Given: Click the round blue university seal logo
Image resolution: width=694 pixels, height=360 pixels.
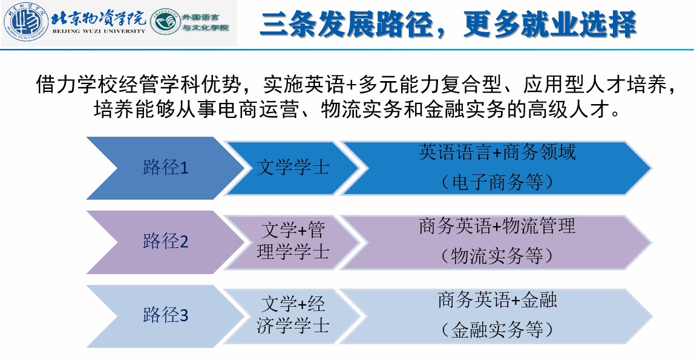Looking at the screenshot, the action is pos(25,22).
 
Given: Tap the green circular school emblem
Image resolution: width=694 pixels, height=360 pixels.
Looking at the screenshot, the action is pos(165,22).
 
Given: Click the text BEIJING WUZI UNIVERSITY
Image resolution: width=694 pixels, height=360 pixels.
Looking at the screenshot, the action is pos(99,31).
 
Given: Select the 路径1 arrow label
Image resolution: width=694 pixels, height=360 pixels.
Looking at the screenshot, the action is pos(166,168).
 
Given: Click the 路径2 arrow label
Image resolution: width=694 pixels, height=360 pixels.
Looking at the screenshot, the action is pos(166,242).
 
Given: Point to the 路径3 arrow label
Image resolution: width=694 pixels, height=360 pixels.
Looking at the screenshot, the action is pos(166,316).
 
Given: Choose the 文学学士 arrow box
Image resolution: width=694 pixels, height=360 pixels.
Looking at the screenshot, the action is pos(293,168).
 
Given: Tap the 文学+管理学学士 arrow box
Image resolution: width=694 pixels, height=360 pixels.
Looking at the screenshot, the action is pos(293,242).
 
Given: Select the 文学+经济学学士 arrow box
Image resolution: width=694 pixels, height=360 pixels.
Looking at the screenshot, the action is pos(293,316).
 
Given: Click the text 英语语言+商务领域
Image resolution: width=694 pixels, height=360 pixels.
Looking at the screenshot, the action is pos(497,152).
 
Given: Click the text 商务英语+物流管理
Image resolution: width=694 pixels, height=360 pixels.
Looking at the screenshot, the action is pos(497,226).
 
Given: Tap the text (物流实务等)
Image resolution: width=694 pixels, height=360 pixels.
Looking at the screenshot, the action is pos(497,256).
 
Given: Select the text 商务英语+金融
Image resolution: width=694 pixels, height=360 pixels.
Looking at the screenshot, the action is pos(497,300).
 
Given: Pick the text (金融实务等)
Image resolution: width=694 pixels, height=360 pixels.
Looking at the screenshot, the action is pos(497,330).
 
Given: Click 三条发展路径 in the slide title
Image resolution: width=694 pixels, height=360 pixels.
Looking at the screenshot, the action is pos(347,24).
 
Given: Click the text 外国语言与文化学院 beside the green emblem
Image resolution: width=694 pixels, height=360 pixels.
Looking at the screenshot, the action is pos(206,22).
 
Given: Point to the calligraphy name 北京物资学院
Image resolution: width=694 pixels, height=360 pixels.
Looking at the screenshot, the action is pos(99,18).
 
